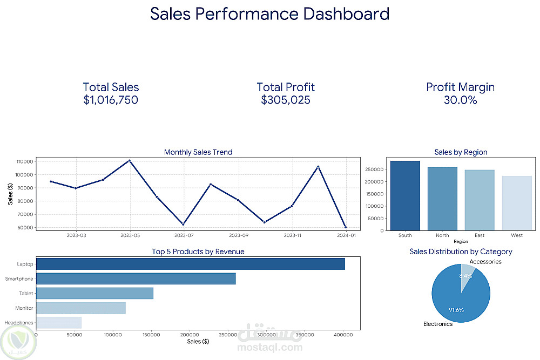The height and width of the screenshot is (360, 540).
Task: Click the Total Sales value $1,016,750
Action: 111,100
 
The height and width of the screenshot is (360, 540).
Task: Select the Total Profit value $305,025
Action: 286,100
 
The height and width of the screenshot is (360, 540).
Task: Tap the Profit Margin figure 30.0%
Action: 460,100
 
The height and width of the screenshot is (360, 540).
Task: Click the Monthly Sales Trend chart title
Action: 198,152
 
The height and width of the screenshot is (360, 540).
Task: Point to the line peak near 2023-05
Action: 130,160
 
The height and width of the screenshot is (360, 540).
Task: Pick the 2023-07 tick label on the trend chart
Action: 184,235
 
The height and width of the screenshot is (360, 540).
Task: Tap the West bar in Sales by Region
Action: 517,203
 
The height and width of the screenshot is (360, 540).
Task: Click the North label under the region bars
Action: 442,235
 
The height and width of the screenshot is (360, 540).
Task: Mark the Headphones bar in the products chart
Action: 59,322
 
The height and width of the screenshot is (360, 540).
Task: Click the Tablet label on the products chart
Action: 26,294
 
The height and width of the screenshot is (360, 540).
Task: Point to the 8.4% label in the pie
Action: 465,276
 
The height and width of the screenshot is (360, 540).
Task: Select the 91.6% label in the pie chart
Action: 456,310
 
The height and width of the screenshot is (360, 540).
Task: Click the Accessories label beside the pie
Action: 485,262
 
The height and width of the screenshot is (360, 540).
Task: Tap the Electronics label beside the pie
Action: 437,324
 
